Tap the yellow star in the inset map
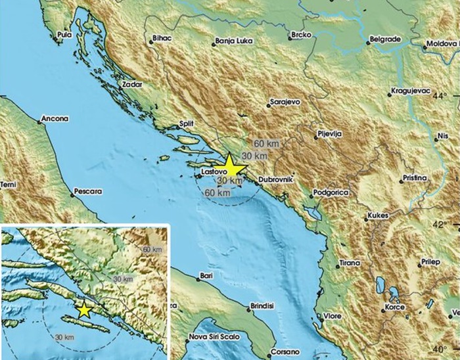point(84,309)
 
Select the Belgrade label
point(385,39)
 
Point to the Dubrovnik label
point(275,179)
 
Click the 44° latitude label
point(440,97)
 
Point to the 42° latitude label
point(440,224)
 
